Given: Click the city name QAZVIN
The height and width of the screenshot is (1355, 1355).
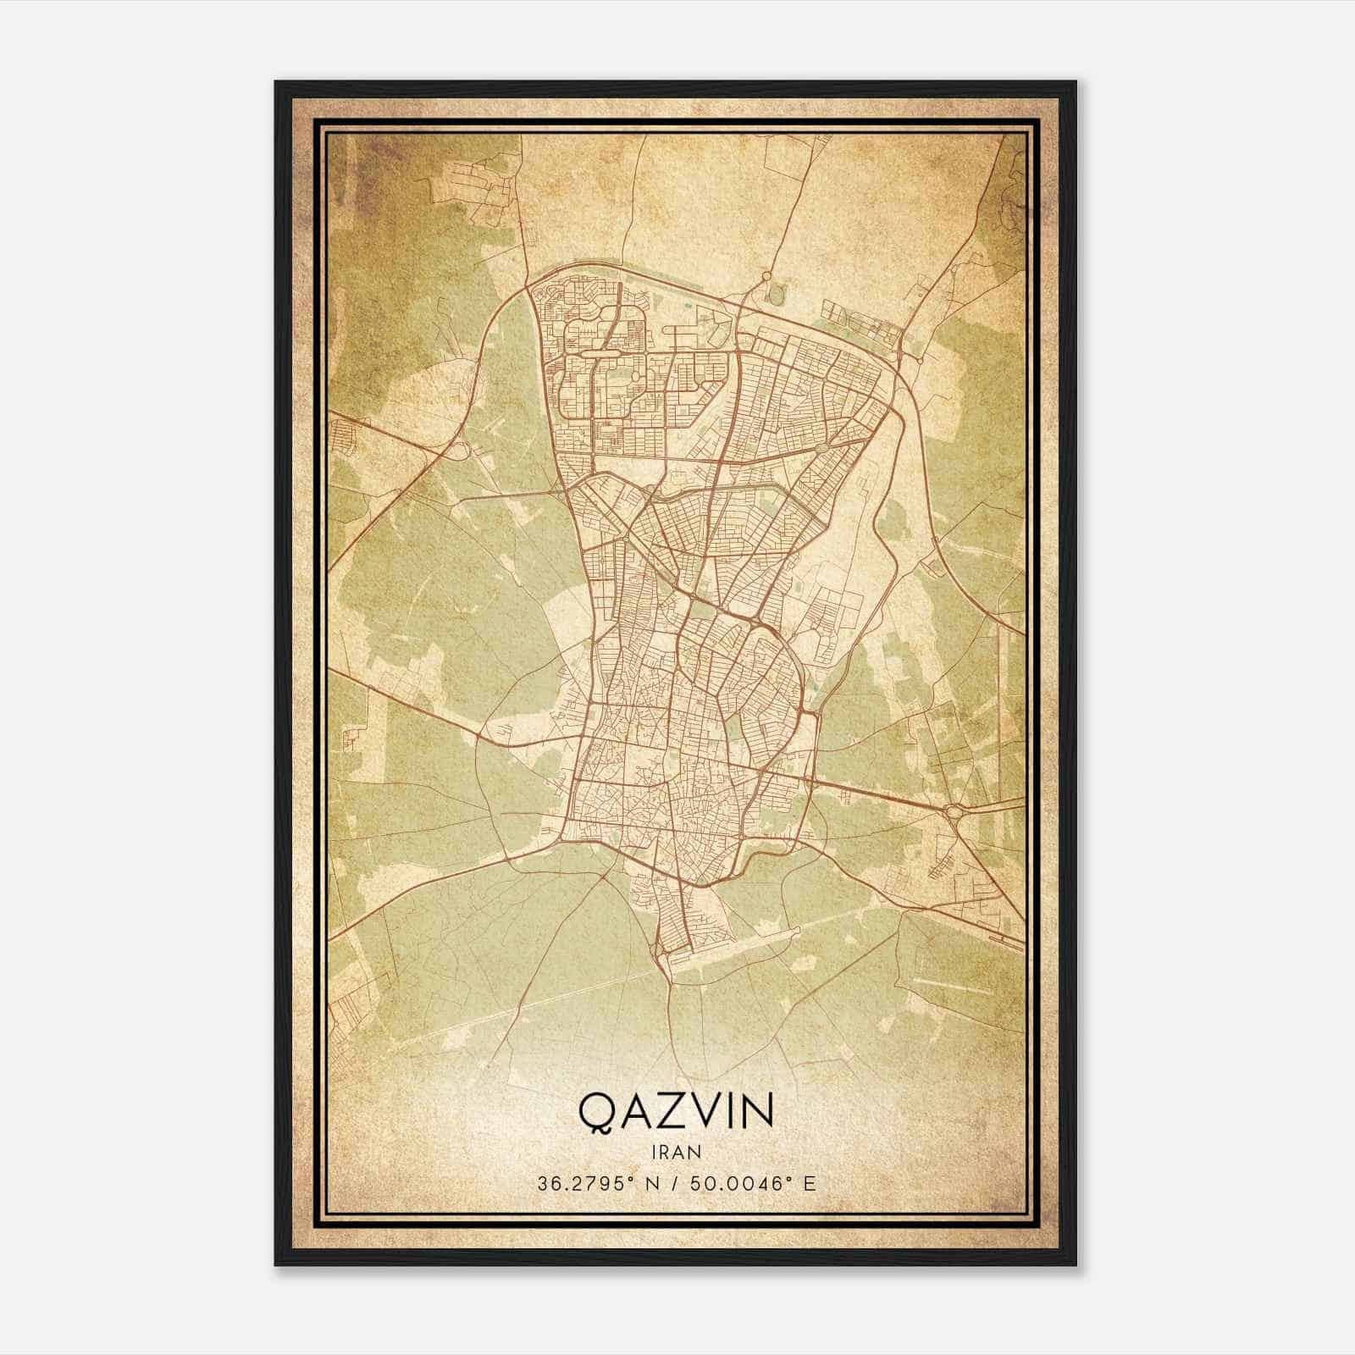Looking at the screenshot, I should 675,1112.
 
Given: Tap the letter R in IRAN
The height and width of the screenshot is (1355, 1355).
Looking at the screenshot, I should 666,1152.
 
